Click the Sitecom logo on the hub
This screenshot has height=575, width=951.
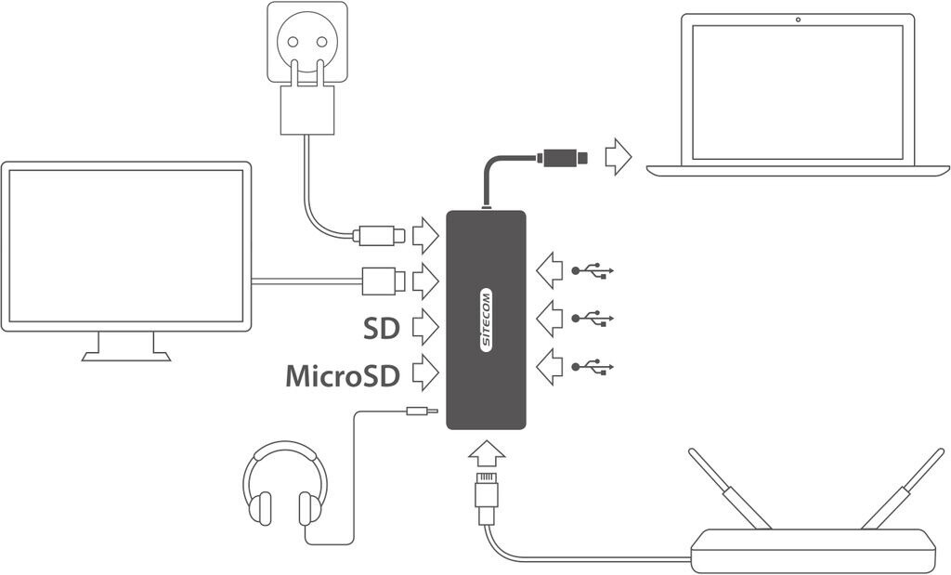(x=487, y=320)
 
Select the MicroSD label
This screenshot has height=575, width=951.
(x=342, y=375)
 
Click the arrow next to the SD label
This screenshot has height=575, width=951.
(x=424, y=326)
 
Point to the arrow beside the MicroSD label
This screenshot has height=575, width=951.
(x=424, y=372)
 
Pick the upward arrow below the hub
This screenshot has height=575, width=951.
(x=487, y=455)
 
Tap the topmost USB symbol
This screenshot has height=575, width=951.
(x=593, y=271)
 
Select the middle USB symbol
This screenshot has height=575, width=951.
(x=593, y=319)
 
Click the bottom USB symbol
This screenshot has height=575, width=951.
(x=593, y=367)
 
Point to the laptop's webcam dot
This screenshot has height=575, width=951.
(x=798, y=20)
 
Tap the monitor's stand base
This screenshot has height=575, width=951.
(x=126, y=356)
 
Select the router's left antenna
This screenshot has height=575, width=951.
(x=730, y=489)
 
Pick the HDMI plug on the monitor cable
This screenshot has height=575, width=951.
(x=382, y=279)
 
